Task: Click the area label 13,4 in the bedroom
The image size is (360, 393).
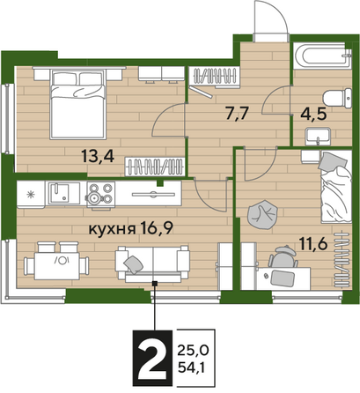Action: pyautogui.click(x=98, y=156)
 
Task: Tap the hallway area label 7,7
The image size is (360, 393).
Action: pyautogui.click(x=237, y=113)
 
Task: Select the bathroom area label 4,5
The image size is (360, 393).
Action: pyautogui.click(x=313, y=114)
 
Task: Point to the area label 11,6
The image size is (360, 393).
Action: pyautogui.click(x=312, y=243)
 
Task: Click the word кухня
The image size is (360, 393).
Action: pyautogui.click(x=112, y=228)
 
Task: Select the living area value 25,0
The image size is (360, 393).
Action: pyautogui.click(x=193, y=350)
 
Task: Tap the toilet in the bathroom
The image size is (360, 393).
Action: pyautogui.click(x=337, y=98)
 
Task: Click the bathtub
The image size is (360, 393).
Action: pyautogui.click(x=322, y=56)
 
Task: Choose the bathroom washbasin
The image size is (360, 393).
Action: pyautogui.click(x=318, y=137)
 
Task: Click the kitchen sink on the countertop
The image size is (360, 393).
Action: pyautogui.click(x=60, y=194)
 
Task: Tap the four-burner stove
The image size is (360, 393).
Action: pyautogui.click(x=101, y=194)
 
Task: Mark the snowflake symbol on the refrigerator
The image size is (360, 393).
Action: pyautogui.click(x=31, y=194)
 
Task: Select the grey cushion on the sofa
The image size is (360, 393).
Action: pyautogui.click(x=133, y=264)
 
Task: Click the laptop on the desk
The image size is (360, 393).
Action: pyautogui.click(x=283, y=278)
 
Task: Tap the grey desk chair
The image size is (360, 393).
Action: pyautogui.click(x=283, y=256)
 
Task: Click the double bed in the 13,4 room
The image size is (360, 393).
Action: pyautogui.click(x=77, y=104)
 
